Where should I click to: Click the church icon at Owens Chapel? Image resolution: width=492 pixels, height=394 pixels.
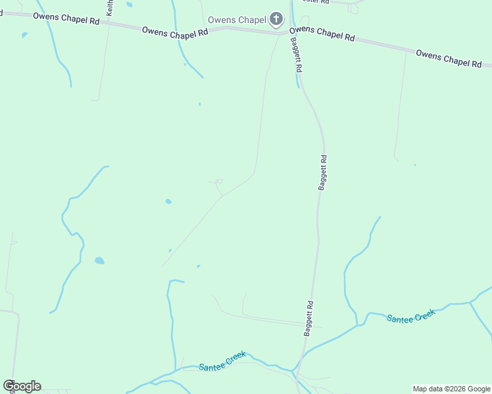pyautogui.click(x=276, y=19)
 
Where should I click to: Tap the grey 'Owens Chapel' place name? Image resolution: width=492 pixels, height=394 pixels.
pyautogui.click(x=237, y=20)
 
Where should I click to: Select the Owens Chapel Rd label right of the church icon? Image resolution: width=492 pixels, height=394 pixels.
pyautogui.click(x=322, y=33)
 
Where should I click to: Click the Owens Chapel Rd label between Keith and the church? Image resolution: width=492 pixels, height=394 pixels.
pyautogui.click(x=175, y=33)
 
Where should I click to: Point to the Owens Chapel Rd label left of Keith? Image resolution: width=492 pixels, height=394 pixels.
pyautogui.click(x=66, y=18)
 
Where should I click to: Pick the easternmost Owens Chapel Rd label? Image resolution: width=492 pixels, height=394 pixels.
pyautogui.click(x=449, y=57)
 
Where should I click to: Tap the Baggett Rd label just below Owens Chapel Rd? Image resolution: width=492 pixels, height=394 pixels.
pyautogui.click(x=297, y=55)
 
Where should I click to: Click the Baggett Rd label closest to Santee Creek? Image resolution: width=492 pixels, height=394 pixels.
pyautogui.click(x=308, y=318)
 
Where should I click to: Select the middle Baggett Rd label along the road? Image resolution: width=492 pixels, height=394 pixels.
pyautogui.click(x=323, y=172)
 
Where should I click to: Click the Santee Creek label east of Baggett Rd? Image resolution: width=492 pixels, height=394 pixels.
pyautogui.click(x=410, y=317)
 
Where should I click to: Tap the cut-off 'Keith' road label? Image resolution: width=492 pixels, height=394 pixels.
pyautogui.click(x=110, y=8)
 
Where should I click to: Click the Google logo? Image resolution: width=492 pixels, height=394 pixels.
pyautogui.click(x=22, y=385)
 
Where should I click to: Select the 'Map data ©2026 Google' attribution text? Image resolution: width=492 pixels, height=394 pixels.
pyautogui.click(x=451, y=389)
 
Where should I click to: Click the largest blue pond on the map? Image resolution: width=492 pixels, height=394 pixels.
pyautogui.click(x=99, y=261)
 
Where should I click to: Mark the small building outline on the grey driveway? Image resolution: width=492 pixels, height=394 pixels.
pyautogui.click(x=219, y=181)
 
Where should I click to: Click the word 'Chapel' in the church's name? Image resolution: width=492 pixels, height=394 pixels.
pyautogui.click(x=252, y=20)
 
